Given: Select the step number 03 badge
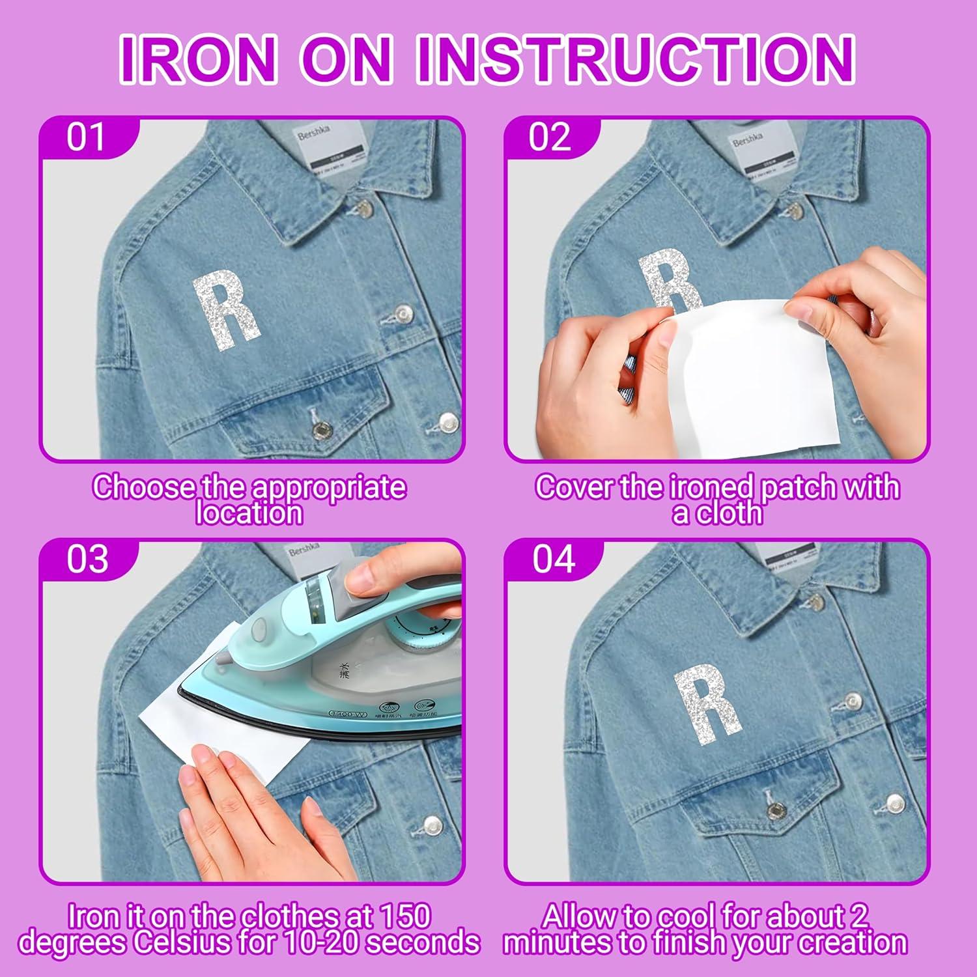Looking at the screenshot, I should click(x=87, y=559).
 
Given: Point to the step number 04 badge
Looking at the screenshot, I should click(x=554, y=559).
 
